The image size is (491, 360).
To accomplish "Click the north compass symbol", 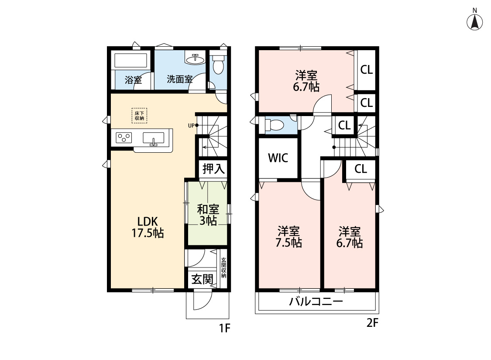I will (x=475, y=21).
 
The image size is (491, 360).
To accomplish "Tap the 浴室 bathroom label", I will (x=133, y=80).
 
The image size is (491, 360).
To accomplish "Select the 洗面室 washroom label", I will (x=179, y=79).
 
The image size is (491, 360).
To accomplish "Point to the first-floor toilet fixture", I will (x=218, y=66).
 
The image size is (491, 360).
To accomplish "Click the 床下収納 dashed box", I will (x=139, y=115).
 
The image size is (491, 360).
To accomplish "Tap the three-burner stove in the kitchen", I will (x=124, y=138).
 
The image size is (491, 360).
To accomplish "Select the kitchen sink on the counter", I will (x=154, y=138).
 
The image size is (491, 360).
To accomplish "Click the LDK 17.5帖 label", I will (x=148, y=226).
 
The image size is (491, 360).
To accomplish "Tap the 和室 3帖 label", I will (x=208, y=215).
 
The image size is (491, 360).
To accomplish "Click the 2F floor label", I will (x=372, y=323).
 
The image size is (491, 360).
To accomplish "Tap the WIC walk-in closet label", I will (x=278, y=158).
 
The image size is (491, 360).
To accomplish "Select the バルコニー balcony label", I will (x=316, y=302).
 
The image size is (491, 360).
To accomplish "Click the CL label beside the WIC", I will (x=344, y=126).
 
